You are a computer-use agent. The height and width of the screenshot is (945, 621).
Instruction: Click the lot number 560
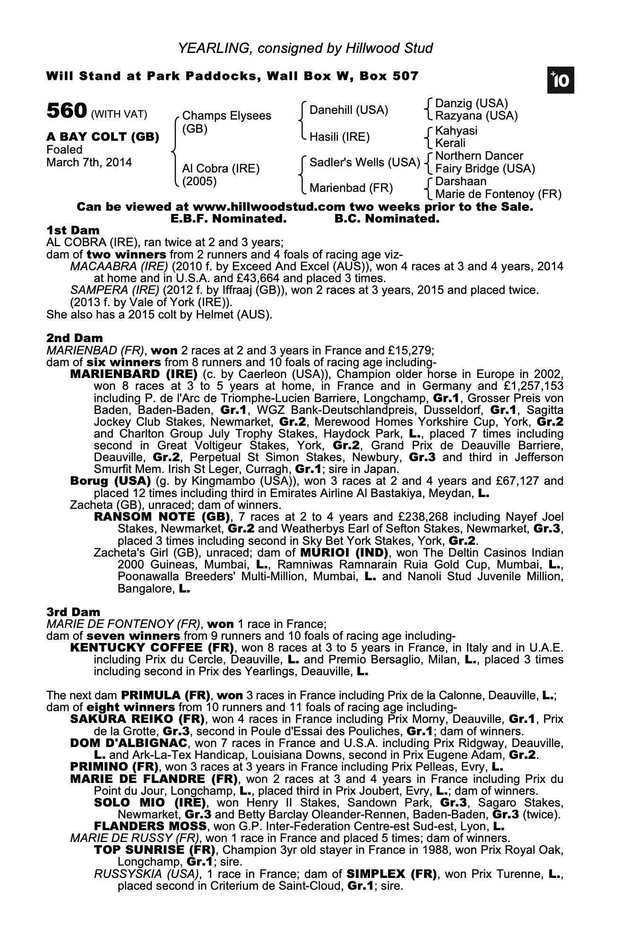[x=67, y=112]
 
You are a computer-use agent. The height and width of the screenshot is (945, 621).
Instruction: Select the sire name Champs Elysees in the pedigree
[x=226, y=116]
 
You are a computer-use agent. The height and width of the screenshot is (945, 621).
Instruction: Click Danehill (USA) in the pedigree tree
[x=349, y=110]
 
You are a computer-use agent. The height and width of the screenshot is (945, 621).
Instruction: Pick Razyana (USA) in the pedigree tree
[x=476, y=116]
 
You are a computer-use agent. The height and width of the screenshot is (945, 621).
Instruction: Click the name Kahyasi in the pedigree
[x=456, y=130]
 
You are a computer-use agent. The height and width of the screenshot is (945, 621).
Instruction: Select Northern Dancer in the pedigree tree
[x=479, y=156]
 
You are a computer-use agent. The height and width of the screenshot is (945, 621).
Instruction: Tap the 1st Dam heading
[x=73, y=231]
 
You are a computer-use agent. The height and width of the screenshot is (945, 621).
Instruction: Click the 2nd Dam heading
[x=74, y=338]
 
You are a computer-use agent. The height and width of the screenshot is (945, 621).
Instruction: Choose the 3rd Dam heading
[x=73, y=612]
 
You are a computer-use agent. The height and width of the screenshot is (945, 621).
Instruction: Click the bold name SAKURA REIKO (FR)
[x=137, y=719]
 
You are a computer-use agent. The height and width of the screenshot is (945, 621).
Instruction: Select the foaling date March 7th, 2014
[x=89, y=163]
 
